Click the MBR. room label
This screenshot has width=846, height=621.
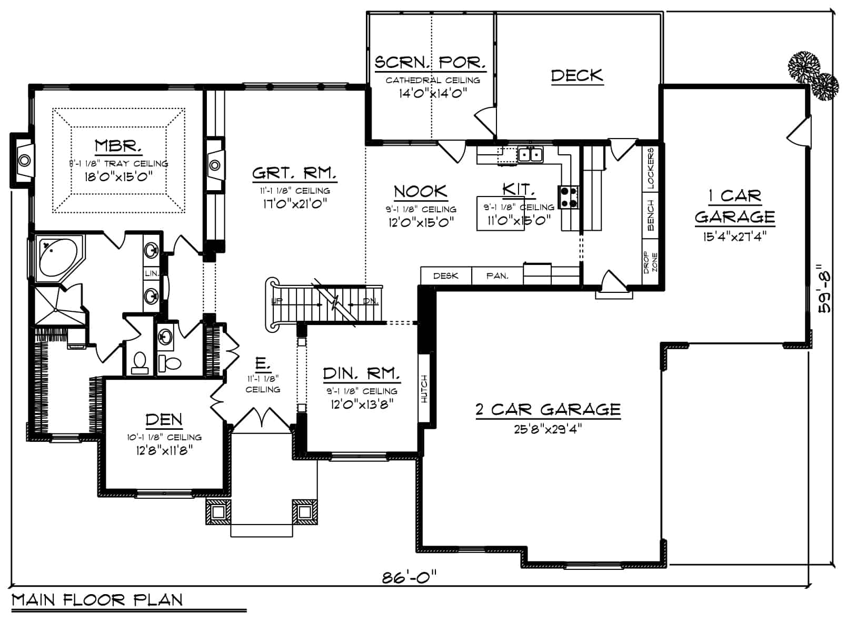[118, 146]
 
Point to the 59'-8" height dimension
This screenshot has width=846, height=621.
[825, 289]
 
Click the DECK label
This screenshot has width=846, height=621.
[576, 76]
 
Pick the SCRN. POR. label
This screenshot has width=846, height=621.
[430, 62]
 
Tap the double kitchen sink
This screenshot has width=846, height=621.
[530, 155]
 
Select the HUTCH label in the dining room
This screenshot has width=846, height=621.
[425, 389]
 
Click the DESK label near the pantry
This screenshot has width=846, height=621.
[445, 275]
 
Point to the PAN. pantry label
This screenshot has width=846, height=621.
[497, 275]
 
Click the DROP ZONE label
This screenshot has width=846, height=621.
[650, 262]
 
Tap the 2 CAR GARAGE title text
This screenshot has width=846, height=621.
[548, 410]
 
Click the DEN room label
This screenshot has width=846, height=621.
[164, 420]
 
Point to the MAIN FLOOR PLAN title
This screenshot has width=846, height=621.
[97, 600]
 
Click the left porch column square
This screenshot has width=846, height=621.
[218, 511]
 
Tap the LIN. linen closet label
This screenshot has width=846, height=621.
[151, 273]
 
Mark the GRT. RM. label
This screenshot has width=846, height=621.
[294, 173]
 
